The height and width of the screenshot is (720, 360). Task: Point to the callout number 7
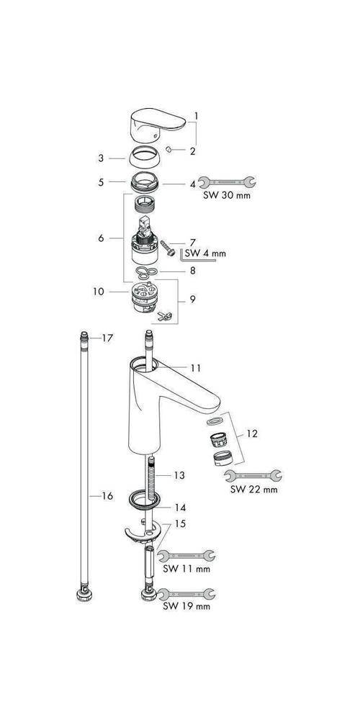193,242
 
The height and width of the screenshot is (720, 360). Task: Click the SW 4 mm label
205,253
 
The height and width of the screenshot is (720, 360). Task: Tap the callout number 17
108,338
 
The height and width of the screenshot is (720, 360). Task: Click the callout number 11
196,367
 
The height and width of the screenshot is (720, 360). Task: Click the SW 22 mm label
253,491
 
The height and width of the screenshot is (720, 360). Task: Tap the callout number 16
107,496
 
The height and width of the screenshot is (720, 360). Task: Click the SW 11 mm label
186,569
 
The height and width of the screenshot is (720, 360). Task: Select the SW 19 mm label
186,606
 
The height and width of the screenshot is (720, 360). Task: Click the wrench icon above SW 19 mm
186,593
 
